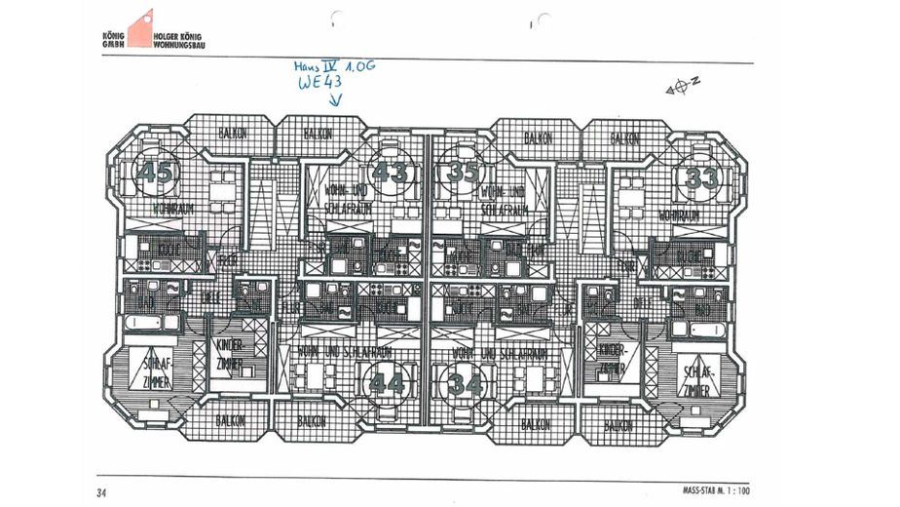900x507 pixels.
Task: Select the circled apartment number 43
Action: pyautogui.click(x=391, y=174)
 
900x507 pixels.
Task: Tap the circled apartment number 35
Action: pyautogui.click(x=464, y=174)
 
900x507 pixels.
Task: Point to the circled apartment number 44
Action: pyautogui.click(x=388, y=383)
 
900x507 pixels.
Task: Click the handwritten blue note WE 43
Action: pyautogui.click(x=320, y=84)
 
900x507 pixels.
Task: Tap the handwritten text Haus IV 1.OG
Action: pyautogui.click(x=334, y=65)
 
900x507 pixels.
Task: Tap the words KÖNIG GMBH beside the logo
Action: pyautogui.click(x=113, y=41)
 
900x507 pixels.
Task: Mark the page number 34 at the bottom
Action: pyautogui.click(x=102, y=491)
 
